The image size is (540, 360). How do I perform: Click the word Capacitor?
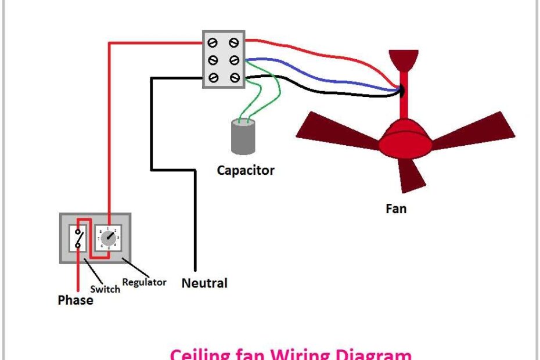[x=245, y=170]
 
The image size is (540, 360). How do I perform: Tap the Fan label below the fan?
[x=396, y=208]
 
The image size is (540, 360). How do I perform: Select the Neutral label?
[x=204, y=283]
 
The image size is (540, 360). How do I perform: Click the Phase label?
[x=75, y=300]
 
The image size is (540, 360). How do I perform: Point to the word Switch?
[x=105, y=289]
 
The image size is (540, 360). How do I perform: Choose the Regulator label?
[x=145, y=282]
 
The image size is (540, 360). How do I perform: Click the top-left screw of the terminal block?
[x=213, y=42]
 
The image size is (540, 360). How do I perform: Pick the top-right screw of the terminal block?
[x=233, y=42]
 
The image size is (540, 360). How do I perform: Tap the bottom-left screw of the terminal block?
[x=213, y=78]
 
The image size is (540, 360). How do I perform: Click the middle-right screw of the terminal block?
[x=233, y=60]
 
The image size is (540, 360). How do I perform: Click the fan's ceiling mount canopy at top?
[x=404, y=59]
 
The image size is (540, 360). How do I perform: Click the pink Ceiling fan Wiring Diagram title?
[x=290, y=353]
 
